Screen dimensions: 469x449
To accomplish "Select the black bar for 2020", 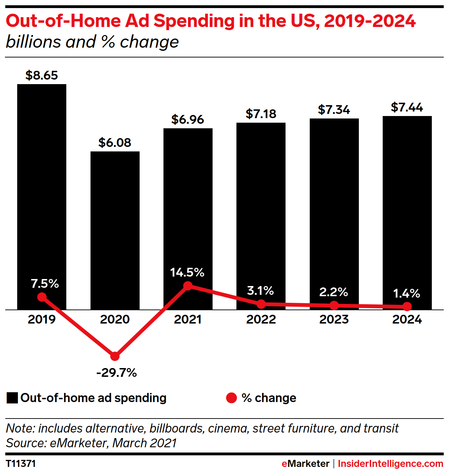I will click(x=115, y=228).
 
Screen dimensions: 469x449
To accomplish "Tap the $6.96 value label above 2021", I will click(x=188, y=120).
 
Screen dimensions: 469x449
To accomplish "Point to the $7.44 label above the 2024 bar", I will click(x=407, y=107).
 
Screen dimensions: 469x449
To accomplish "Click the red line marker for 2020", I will click(x=115, y=356).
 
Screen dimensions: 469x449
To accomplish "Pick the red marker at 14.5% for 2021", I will click(x=188, y=286).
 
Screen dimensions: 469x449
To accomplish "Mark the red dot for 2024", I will click(x=407, y=307).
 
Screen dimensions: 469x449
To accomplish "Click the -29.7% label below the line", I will click(x=116, y=373).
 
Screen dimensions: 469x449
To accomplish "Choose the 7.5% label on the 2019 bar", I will click(x=45, y=284).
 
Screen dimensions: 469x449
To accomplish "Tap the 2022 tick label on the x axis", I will click(x=261, y=319).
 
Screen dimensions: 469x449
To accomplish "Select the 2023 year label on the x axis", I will click(x=334, y=319).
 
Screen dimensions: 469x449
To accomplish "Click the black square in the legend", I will click(x=12, y=398).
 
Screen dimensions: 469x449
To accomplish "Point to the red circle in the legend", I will click(x=232, y=398).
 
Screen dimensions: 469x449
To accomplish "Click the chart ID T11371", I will click(x=21, y=463).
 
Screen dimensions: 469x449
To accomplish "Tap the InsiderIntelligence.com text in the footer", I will click(x=390, y=463).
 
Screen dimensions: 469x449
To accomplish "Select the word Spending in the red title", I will click(x=194, y=21).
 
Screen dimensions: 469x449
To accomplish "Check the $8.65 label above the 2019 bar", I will click(x=42, y=75).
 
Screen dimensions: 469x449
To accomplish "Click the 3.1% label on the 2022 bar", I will click(x=260, y=291).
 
